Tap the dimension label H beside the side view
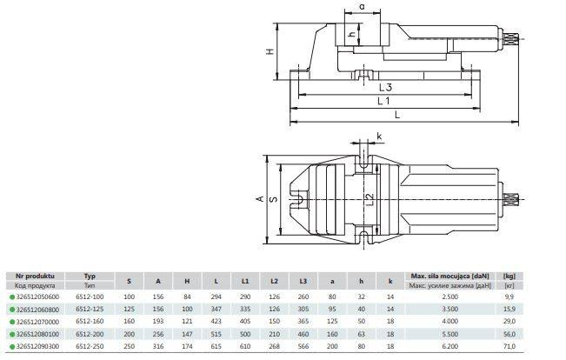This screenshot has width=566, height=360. pos(271,50)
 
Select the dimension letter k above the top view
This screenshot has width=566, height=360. pos(379,137)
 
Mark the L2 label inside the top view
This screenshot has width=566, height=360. pos(368,199)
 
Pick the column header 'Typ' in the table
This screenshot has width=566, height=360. pos(88,274)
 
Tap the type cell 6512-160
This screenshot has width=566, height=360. pos(89,321)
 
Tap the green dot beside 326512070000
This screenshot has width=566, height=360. pos(9,321)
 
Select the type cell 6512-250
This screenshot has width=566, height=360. pos(89,344)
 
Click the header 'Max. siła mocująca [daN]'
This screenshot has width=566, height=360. pos(449,274)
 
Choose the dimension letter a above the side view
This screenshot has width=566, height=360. pos(361,8)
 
